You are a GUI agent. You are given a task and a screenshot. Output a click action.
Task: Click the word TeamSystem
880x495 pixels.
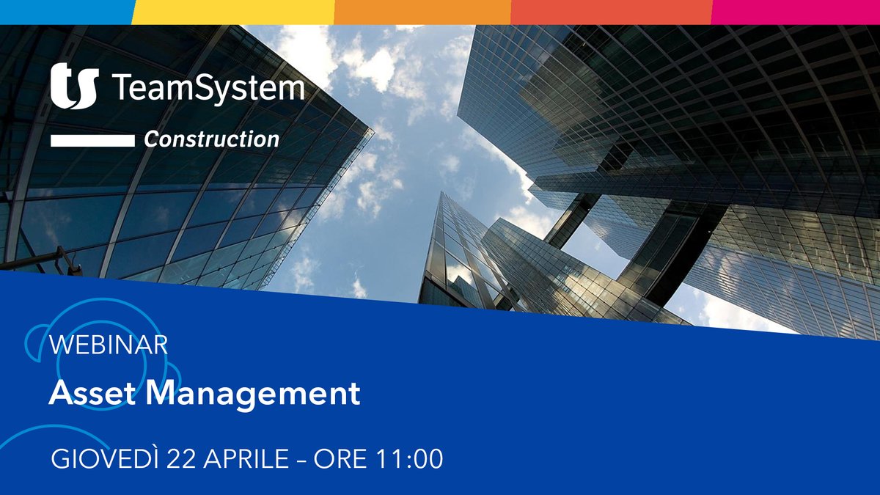(x=208, y=88)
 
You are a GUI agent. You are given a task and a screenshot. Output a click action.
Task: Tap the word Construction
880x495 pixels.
(x=211, y=139)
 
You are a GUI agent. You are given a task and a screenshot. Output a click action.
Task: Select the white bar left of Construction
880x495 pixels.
(x=92, y=140)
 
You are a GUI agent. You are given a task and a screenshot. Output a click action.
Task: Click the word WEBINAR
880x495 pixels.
(x=109, y=344)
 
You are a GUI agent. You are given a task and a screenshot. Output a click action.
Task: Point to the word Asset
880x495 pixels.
(x=92, y=394)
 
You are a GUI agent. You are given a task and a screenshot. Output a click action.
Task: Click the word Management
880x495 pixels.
(x=253, y=394)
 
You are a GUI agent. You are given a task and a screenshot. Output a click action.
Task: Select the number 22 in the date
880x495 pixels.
(x=183, y=459)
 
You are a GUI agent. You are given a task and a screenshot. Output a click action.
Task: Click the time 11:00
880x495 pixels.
(x=410, y=459)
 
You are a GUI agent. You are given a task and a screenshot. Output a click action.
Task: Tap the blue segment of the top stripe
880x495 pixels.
(x=66, y=12)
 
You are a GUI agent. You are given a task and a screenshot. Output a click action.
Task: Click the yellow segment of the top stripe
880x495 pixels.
(x=233, y=12)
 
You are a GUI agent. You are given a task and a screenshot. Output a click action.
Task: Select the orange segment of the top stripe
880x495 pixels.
(x=422, y=12)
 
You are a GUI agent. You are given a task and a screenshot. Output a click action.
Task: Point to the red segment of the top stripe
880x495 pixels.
(x=611, y=12)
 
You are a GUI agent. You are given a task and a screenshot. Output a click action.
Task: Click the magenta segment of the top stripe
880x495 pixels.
(x=796, y=12)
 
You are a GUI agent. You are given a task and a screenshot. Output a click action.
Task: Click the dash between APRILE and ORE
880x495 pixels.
(x=302, y=460)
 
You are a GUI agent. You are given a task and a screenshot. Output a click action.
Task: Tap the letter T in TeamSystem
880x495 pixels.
(x=120, y=88)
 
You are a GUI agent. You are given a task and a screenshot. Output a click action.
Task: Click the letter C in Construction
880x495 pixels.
(x=152, y=139)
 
